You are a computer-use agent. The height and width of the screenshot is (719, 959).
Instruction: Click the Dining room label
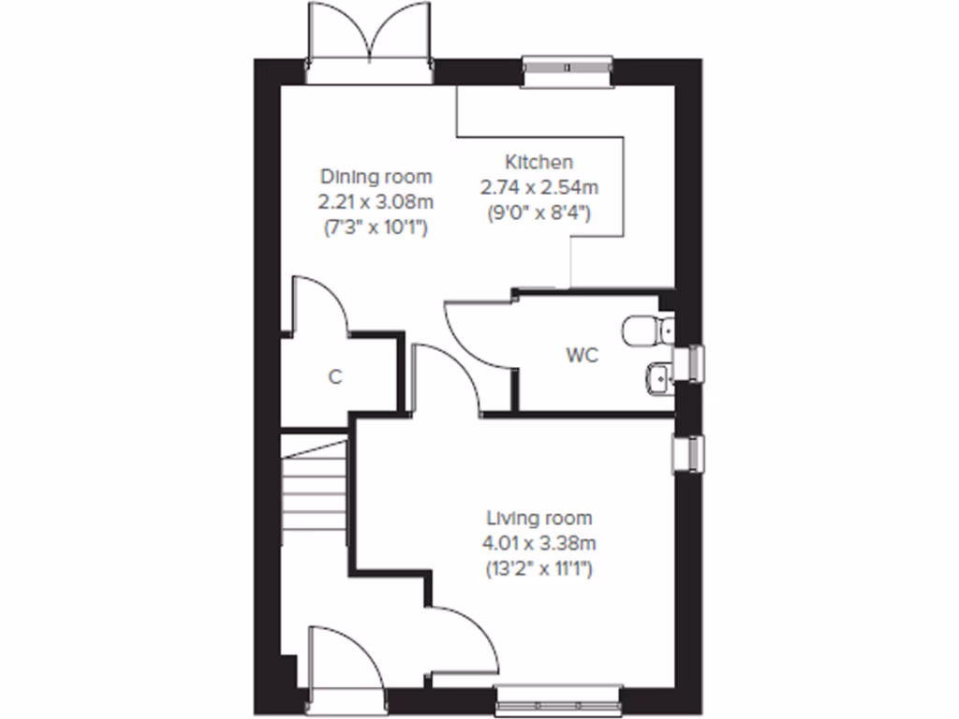[376, 176]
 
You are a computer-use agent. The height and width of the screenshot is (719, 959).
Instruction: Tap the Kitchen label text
[539, 161]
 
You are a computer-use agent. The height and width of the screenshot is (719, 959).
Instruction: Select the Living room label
[539, 518]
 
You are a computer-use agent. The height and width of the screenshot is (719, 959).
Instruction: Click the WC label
[581, 356]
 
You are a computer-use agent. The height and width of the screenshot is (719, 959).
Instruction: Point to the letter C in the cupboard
[334, 377]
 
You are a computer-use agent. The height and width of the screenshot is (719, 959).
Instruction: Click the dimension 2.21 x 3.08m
[376, 200]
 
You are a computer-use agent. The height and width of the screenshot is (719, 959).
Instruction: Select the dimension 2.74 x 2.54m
[539, 186]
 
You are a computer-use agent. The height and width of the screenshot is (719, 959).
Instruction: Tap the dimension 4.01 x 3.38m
[539, 542]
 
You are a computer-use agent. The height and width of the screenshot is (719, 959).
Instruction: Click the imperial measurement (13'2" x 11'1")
[539, 567]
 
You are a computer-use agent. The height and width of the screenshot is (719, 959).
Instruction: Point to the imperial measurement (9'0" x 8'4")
[539, 212]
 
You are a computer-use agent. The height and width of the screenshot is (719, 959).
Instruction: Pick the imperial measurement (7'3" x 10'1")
[376, 226]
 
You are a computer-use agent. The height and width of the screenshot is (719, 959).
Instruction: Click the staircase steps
[315, 496]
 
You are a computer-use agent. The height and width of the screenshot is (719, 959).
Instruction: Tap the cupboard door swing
[318, 304]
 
